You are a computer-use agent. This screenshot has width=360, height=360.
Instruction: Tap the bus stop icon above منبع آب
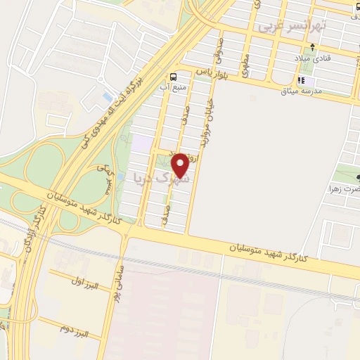point(173,77)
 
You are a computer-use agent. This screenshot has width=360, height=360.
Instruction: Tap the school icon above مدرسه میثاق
point(302,81)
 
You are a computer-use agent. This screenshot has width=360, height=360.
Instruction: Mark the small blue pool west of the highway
point(107,96)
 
